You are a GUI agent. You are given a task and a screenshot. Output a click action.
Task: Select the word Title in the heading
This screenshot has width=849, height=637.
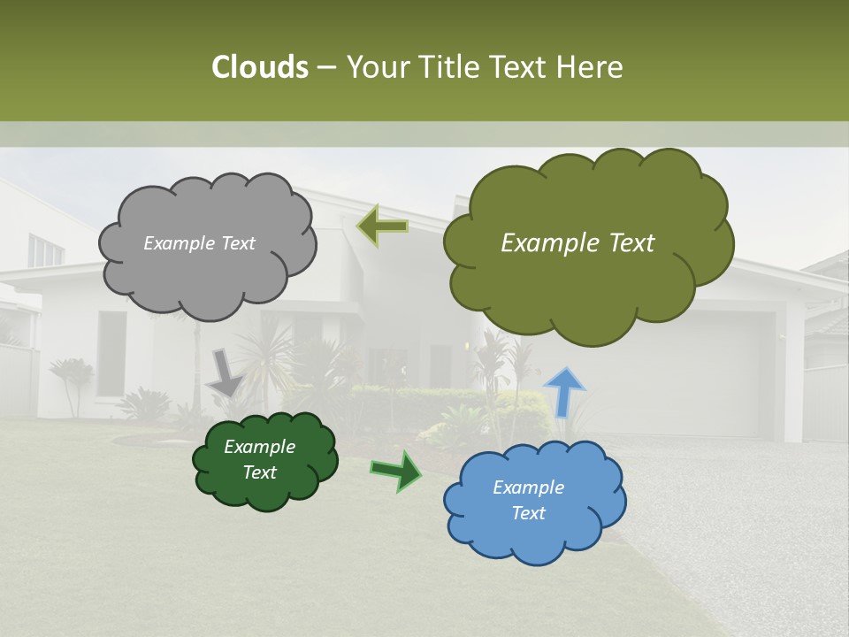pos(450,67)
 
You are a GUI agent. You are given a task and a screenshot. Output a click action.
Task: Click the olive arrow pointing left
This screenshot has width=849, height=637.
pos(382,226)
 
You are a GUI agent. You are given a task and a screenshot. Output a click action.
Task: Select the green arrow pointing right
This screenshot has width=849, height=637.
pos(396,470)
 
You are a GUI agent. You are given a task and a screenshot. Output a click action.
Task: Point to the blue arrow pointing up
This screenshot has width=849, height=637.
pos(564,392)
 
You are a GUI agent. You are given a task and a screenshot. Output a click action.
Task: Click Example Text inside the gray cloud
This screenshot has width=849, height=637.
pos(199,243)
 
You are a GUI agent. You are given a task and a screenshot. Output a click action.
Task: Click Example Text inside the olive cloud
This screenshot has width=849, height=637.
pos(577,243)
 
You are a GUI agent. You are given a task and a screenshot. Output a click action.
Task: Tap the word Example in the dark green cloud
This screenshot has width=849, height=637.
pos(259,447)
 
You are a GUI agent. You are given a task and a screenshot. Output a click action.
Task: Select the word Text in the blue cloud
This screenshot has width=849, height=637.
pos(528,513)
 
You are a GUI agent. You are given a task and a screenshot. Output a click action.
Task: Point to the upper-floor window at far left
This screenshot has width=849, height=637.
pos(44,251)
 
